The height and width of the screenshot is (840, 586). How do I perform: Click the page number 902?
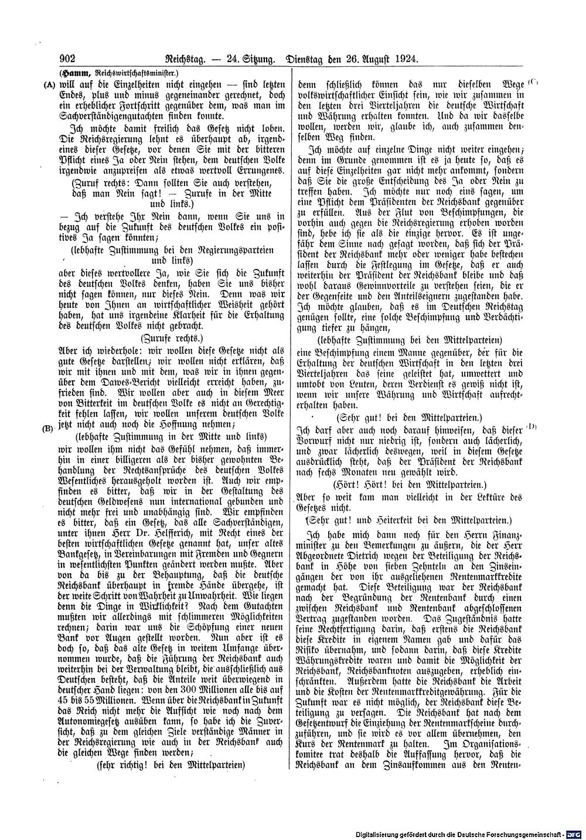70,59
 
